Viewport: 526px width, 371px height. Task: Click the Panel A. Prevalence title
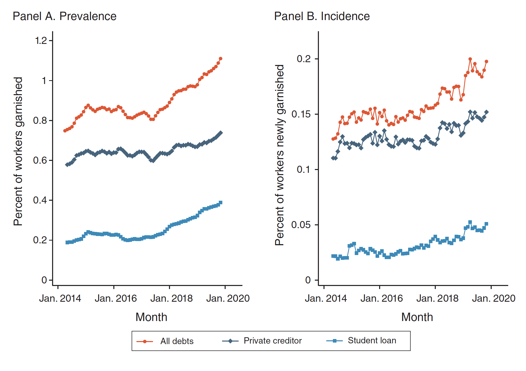click(65, 16)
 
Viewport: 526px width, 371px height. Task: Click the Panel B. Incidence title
click(322, 16)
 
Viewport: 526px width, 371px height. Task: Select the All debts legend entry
click(177, 341)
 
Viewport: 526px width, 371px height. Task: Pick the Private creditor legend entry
click(272, 341)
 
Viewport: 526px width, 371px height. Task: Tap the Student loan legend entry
click(372, 341)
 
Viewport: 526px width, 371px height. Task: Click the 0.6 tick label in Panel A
click(41, 160)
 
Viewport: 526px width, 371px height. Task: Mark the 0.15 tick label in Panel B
click(301, 114)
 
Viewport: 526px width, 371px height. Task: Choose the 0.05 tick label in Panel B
click(301, 225)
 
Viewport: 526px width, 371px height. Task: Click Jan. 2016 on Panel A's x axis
click(116, 298)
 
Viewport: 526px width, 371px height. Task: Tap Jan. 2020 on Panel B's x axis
click(493, 298)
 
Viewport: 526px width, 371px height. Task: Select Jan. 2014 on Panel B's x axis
click(326, 298)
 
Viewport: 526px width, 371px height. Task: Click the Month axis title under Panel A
click(151, 317)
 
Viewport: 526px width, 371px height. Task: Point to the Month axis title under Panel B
click(417, 317)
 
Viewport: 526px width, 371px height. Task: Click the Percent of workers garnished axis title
click(18, 151)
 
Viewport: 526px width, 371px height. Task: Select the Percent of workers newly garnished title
click(280, 155)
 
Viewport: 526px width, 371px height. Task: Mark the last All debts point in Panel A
click(221, 59)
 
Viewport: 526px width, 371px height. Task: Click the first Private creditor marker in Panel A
click(67, 165)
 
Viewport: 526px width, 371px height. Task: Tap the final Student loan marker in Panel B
click(486, 224)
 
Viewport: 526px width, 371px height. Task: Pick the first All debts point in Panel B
click(333, 139)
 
